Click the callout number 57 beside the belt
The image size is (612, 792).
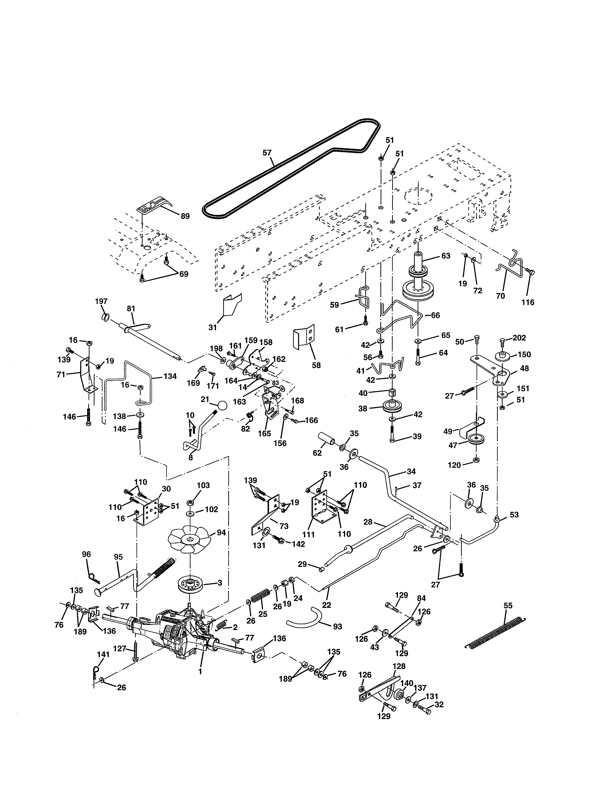tap(267, 153)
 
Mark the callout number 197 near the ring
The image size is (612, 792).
tap(101, 301)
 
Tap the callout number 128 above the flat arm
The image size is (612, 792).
tap(399, 666)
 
